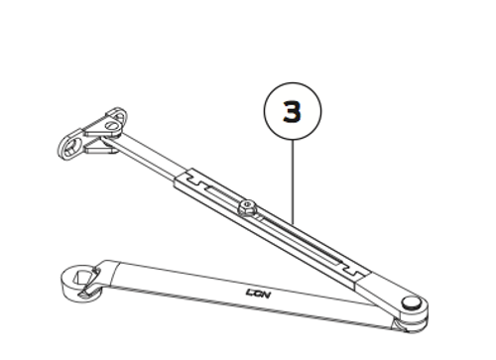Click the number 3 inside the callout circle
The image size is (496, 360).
(x=292, y=111)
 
